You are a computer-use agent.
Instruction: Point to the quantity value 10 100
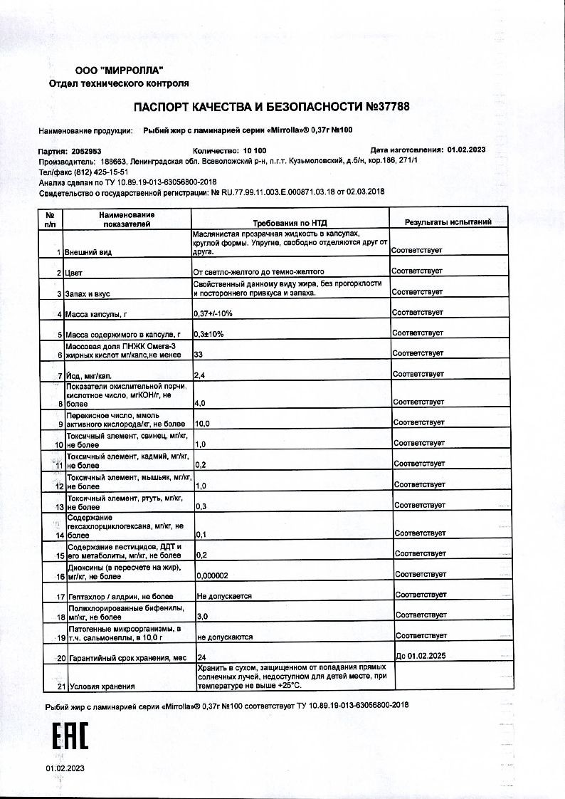coord(255,151)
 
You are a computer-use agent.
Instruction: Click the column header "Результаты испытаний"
coord(448,222)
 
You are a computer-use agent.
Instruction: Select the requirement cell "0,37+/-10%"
coord(213,313)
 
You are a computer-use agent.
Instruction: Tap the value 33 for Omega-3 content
coord(199,353)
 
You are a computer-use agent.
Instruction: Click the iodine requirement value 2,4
coord(199,375)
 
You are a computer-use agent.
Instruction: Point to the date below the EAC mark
coord(65,768)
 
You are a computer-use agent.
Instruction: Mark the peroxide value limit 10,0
coord(203,423)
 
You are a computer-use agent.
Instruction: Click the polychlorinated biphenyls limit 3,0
coord(201,615)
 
